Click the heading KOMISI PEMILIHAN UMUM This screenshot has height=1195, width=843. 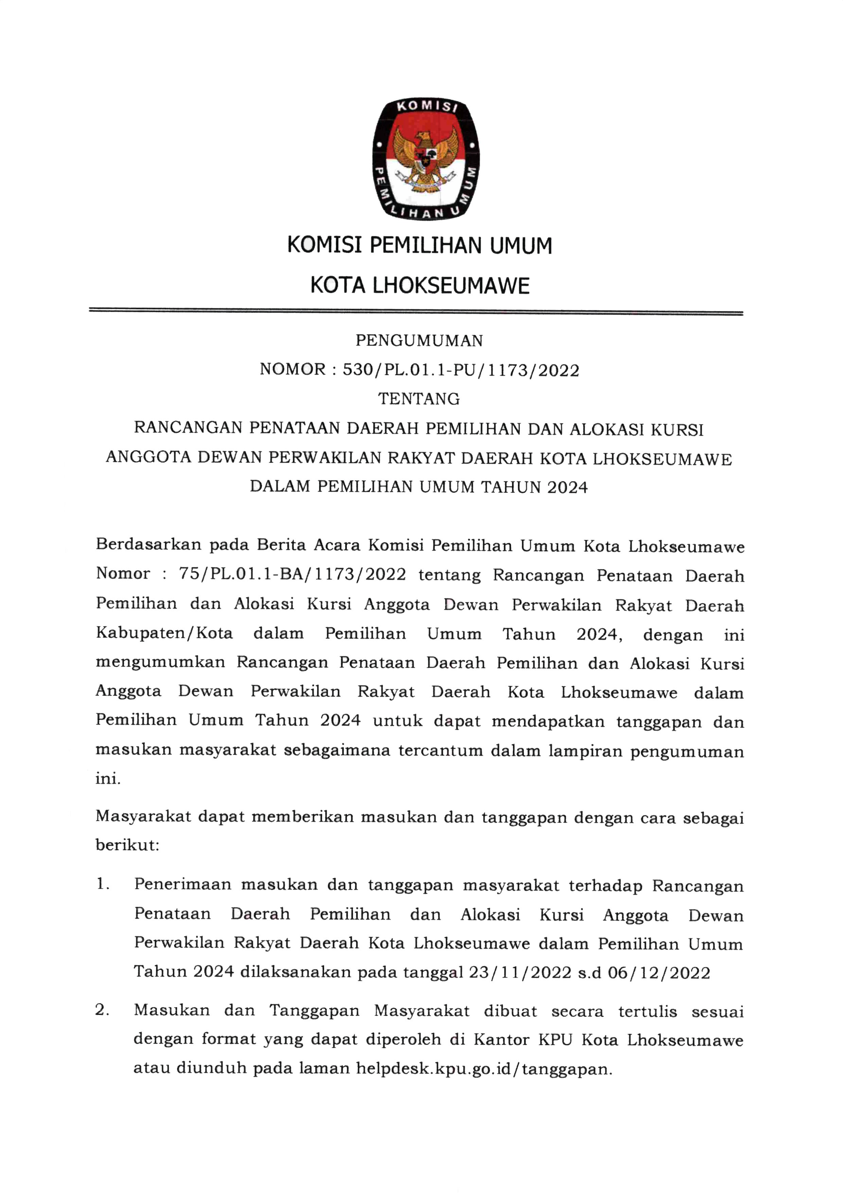[x=420, y=245]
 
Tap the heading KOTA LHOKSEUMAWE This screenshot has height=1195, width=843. [x=420, y=286]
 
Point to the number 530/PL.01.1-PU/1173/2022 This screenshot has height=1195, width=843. [x=461, y=370]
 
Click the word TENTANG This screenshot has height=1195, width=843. [x=419, y=399]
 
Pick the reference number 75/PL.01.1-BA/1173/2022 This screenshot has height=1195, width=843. [x=292, y=574]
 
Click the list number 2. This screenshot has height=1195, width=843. [x=102, y=1010]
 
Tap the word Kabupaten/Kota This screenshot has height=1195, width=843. [x=164, y=633]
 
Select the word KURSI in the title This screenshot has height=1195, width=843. [x=679, y=429]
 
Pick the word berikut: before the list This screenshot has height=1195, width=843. [x=127, y=845]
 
